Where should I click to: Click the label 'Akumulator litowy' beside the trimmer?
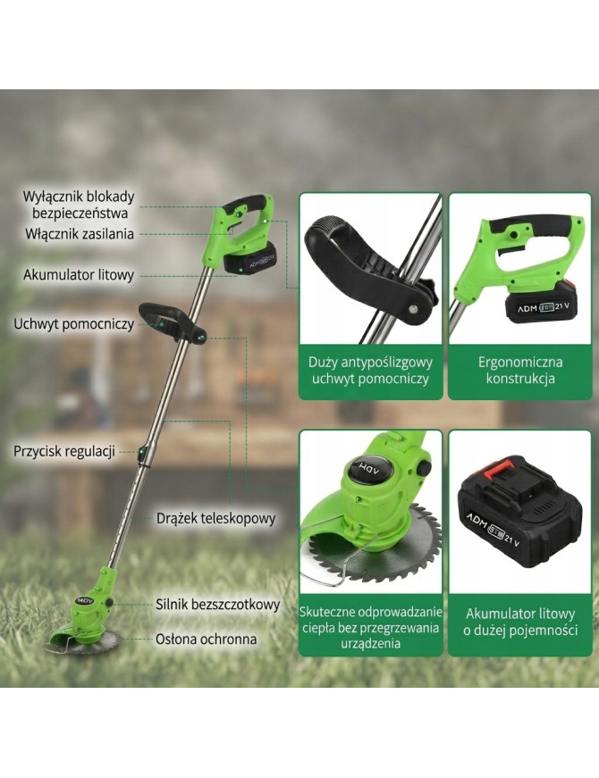pos(79,275)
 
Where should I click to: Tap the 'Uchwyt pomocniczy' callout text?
pos(73,324)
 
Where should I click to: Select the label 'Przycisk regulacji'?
pos(64,451)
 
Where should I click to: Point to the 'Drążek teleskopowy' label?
pos(216,518)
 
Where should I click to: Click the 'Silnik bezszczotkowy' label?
pos(218,605)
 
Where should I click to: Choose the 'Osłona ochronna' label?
pos(207,639)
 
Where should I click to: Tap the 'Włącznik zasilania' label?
pos(80,234)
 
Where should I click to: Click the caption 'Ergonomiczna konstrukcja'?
pos(520,370)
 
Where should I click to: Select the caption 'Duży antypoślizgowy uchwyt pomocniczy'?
pos(370,370)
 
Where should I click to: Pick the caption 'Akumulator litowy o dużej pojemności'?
pos(520,622)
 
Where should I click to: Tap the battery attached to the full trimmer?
pos(249,258)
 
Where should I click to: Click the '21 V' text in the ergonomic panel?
pos(561,305)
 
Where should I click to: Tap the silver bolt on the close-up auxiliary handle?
pos(412,309)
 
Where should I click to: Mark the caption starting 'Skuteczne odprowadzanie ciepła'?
pos(370,628)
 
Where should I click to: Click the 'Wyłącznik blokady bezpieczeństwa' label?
pos(80,205)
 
